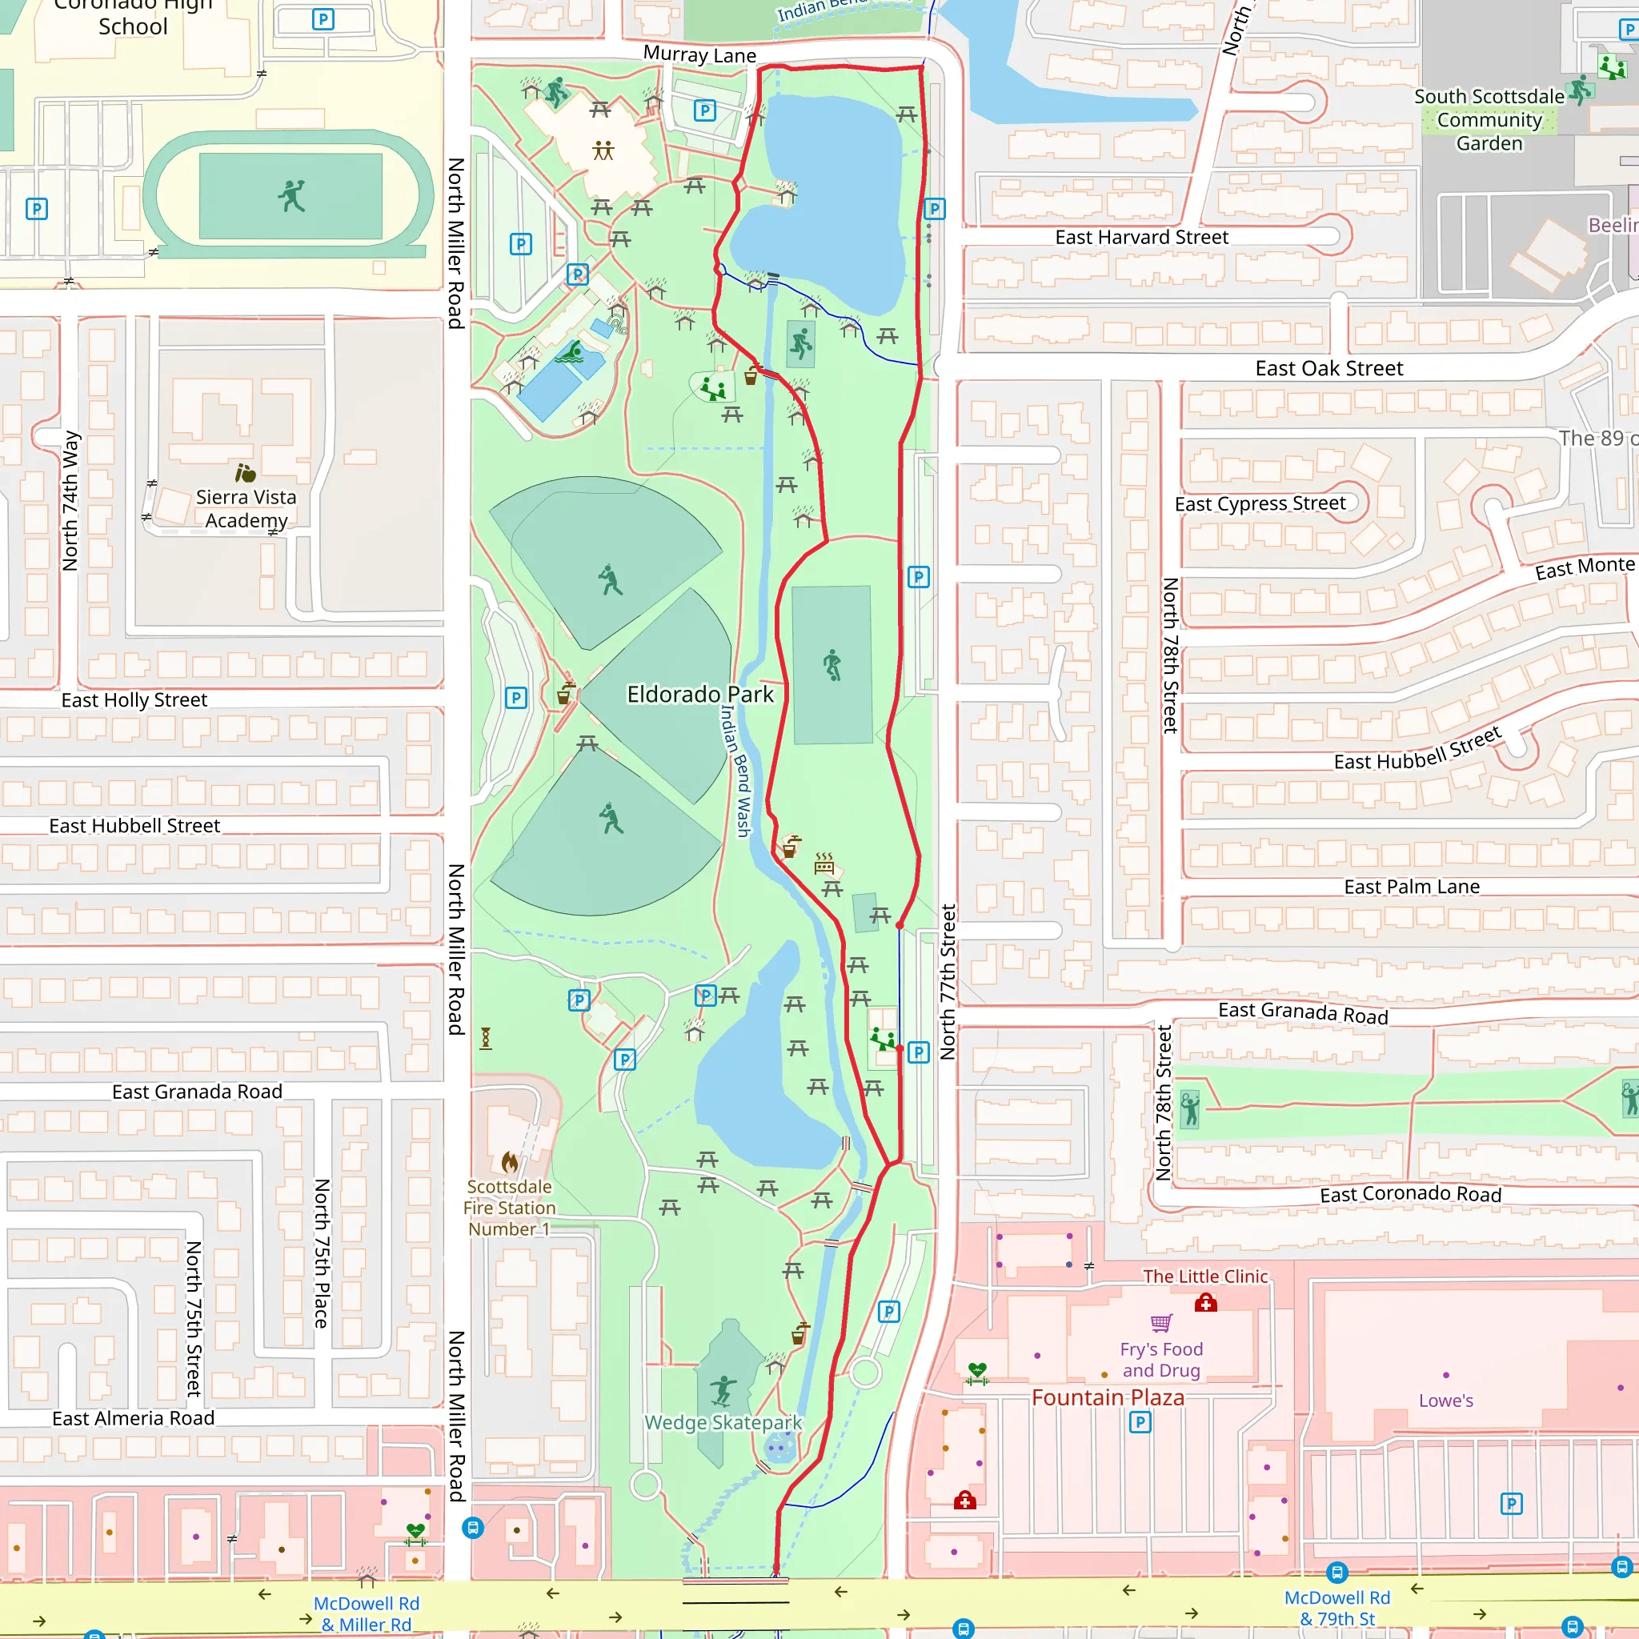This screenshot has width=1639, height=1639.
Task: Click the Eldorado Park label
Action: pyautogui.click(x=700, y=694)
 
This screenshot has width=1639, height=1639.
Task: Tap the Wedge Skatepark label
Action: pyautogui.click(x=723, y=1423)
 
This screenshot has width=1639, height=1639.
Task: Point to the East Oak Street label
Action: pyautogui.click(x=1328, y=368)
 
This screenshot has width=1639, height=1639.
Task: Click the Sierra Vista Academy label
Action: pyautogui.click(x=246, y=508)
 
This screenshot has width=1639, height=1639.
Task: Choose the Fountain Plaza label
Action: pyautogui.click(x=1107, y=1397)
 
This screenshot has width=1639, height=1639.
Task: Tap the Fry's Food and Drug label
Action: pyautogui.click(x=1160, y=1359)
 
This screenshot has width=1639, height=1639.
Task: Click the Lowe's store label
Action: pyautogui.click(x=1445, y=1401)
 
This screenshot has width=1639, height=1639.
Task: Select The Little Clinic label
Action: pyautogui.click(x=1204, y=1276)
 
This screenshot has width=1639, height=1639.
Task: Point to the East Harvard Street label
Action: pyautogui.click(x=1141, y=238)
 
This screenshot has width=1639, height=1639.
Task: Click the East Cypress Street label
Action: pyautogui.click(x=1260, y=503)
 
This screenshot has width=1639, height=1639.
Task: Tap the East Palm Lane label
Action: pyautogui.click(x=1412, y=887)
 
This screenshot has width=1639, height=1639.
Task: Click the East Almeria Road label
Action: pyautogui.click(x=133, y=1418)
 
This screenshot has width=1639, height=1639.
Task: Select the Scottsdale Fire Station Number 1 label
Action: pyautogui.click(x=509, y=1207)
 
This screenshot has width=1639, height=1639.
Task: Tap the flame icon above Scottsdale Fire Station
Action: pyautogui.click(x=510, y=1161)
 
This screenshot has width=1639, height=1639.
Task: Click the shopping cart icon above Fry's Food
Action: pyautogui.click(x=1161, y=1323)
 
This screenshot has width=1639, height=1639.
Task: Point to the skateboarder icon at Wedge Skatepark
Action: pyautogui.click(x=723, y=1390)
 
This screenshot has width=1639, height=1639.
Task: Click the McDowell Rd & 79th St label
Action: pyautogui.click(x=1337, y=1608)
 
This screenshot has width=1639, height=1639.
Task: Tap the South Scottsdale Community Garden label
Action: pyautogui.click(x=1489, y=119)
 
